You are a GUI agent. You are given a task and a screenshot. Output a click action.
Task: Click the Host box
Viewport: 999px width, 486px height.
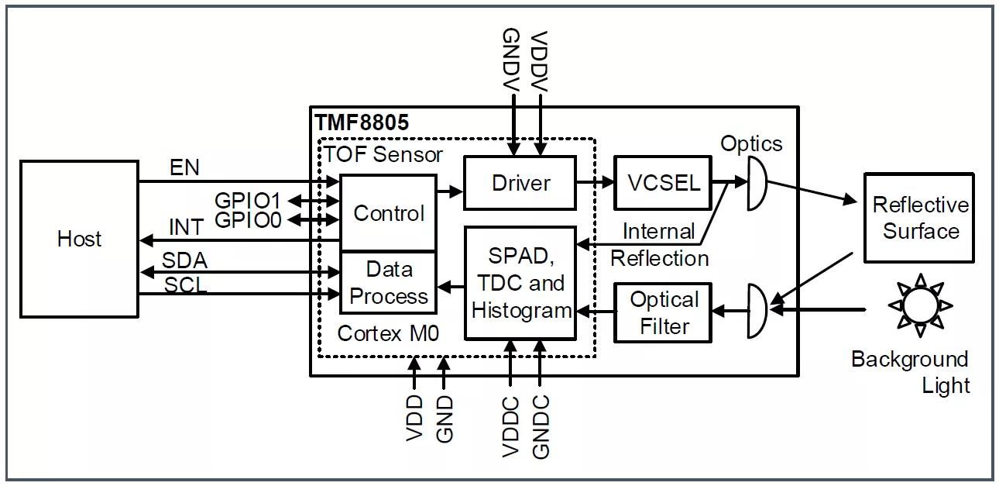pyautogui.click(x=79, y=239)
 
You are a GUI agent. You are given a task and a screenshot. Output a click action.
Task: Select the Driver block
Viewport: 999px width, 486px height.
pyautogui.click(x=520, y=183)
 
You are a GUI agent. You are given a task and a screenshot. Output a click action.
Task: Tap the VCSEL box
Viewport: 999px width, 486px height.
pyautogui.click(x=662, y=183)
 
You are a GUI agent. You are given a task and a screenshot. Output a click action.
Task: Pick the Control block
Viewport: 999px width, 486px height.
pyautogui.click(x=388, y=213)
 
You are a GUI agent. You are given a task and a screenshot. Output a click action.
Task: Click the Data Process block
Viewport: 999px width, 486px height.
pyautogui.click(x=388, y=283)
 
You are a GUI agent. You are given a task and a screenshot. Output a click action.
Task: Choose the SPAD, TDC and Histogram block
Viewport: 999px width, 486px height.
pyautogui.click(x=520, y=283)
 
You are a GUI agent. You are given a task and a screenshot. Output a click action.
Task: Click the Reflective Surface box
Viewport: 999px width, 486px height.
pyautogui.click(x=919, y=218)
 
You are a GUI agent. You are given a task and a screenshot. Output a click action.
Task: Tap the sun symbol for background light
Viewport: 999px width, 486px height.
pyautogui.click(x=918, y=305)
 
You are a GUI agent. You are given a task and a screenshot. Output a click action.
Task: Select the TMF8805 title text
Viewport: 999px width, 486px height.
pyautogui.click(x=362, y=122)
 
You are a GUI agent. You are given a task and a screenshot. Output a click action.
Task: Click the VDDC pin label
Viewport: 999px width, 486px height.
pyautogui.click(x=510, y=426)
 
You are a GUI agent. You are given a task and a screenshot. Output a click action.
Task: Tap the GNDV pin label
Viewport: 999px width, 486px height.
pyautogui.click(x=511, y=60)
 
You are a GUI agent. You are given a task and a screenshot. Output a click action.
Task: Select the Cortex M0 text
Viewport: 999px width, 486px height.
pyautogui.click(x=388, y=334)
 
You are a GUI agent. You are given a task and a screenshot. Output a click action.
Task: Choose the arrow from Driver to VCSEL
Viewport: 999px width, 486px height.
pyautogui.click(x=595, y=183)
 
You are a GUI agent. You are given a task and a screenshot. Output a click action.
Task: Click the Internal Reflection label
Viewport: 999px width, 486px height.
pyautogui.click(x=659, y=244)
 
